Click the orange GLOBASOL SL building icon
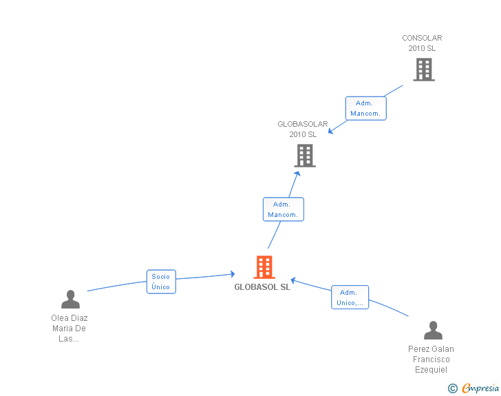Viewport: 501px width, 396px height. [x=264, y=267]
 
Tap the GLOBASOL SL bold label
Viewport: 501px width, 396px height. [x=262, y=287]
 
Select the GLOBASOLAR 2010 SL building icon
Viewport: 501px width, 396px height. [x=305, y=156]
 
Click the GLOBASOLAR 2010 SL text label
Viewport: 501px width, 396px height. [x=303, y=129]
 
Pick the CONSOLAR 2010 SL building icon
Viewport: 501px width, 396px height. [x=424, y=70]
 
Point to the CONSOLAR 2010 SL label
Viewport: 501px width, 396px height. [x=422, y=43]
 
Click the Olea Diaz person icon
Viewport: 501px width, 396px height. [x=70, y=300]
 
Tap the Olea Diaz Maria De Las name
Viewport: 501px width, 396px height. [x=70, y=329]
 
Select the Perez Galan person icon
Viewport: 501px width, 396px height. [x=433, y=330]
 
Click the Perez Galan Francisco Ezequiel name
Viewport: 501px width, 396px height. [x=431, y=359]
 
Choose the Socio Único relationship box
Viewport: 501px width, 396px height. [x=161, y=282]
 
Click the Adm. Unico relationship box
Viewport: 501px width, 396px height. [x=350, y=297]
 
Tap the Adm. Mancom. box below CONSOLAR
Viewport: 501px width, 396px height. [x=366, y=108]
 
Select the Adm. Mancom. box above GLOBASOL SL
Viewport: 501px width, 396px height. [x=284, y=209]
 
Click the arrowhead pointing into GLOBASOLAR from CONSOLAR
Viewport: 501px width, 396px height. [x=330, y=131]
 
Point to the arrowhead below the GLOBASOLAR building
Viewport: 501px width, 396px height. [x=297, y=174]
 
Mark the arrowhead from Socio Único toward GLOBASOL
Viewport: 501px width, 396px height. [x=233, y=274]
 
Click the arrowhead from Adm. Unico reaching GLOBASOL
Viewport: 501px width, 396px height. [x=293, y=280]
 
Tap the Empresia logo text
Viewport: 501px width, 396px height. [x=480, y=388]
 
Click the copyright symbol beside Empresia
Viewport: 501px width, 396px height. [x=453, y=388]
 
